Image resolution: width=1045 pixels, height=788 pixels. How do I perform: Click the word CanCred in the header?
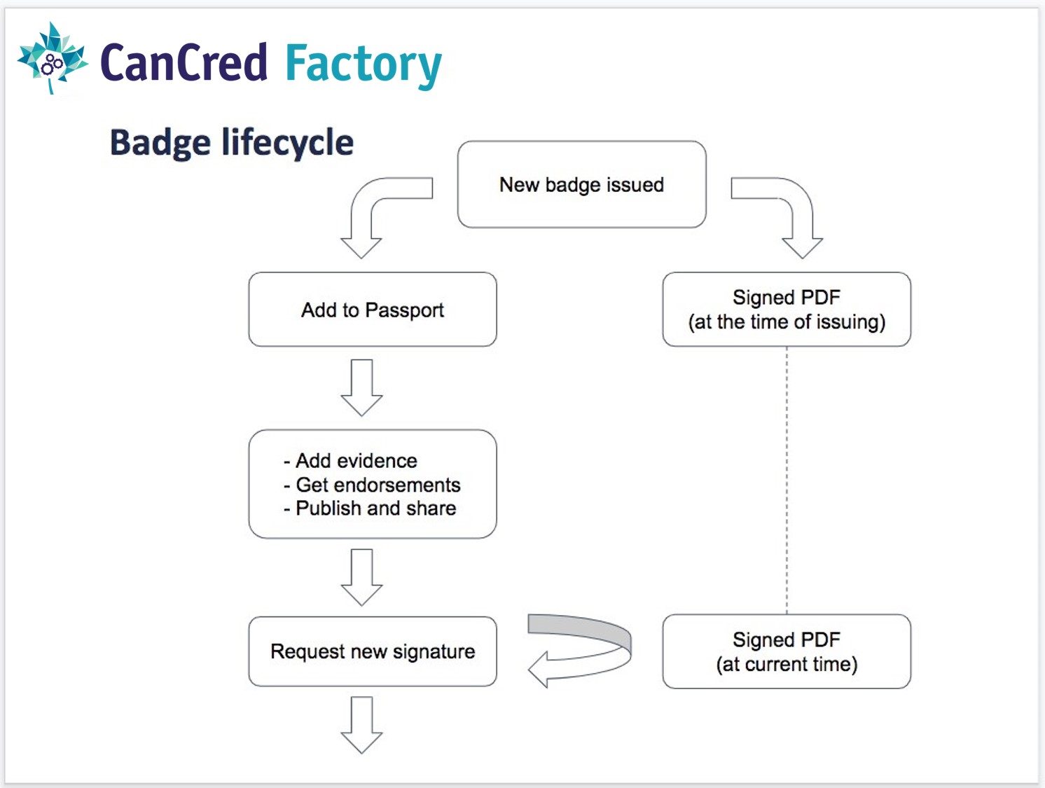tap(184, 62)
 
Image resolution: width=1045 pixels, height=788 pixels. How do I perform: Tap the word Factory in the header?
tap(364, 65)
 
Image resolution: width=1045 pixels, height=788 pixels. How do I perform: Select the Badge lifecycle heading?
tap(232, 142)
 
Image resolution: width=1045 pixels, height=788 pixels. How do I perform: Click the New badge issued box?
tap(582, 184)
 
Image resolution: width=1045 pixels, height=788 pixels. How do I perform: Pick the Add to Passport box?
tap(373, 310)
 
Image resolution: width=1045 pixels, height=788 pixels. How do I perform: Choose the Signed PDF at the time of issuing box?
tap(787, 310)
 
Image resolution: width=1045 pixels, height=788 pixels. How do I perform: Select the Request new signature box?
tap(373, 651)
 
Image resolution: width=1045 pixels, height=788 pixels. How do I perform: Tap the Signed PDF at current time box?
tap(787, 651)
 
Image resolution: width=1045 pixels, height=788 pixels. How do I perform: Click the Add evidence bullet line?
tap(350, 460)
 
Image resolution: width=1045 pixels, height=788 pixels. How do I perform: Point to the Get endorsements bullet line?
tap(372, 485)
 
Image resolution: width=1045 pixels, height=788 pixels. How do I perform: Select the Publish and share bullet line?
tap(369, 508)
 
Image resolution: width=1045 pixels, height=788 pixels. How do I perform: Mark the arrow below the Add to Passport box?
tap(362, 387)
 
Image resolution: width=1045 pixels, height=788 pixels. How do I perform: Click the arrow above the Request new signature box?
tap(362, 577)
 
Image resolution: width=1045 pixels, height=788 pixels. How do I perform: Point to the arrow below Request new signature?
tap(362, 725)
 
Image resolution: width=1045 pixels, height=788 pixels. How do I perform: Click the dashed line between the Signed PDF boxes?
tap(787, 481)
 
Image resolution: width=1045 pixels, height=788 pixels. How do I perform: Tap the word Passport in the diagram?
tap(404, 310)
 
